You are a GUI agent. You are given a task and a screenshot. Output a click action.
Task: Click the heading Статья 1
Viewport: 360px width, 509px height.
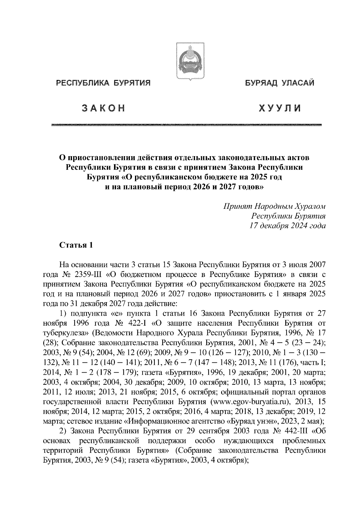(x=76, y=245)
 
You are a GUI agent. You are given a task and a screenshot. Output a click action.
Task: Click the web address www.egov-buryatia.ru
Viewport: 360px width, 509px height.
(x=250, y=401)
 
